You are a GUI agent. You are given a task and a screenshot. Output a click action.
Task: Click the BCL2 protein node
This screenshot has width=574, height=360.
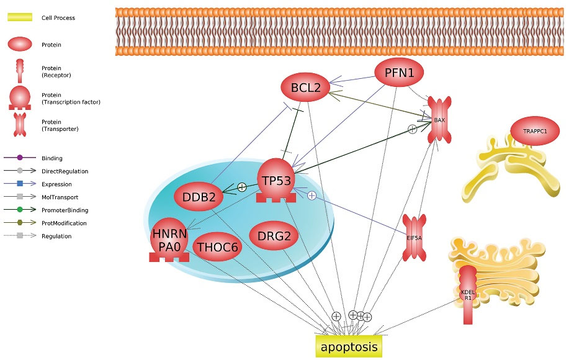point(305,88)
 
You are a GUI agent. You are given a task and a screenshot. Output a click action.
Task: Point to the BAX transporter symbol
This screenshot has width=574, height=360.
point(439,120)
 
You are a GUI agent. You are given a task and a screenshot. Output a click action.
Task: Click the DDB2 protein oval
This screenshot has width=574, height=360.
point(198,197)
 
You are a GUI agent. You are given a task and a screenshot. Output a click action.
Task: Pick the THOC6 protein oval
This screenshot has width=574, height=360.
point(217,248)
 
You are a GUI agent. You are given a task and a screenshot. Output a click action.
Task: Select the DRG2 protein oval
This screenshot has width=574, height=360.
point(274,236)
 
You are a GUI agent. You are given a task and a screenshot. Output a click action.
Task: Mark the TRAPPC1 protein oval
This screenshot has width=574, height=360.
point(534,132)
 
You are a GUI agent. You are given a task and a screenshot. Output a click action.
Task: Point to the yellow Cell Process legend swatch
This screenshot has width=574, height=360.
point(19,18)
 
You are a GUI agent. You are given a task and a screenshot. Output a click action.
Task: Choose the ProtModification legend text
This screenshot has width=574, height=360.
point(64,223)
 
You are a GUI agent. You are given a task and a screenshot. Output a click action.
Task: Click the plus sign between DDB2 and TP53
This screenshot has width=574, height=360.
point(242,187)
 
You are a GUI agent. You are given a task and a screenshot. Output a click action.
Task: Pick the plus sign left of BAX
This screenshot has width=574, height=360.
point(412,129)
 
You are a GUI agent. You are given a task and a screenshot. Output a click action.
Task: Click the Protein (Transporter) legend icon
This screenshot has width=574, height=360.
point(19,124)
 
